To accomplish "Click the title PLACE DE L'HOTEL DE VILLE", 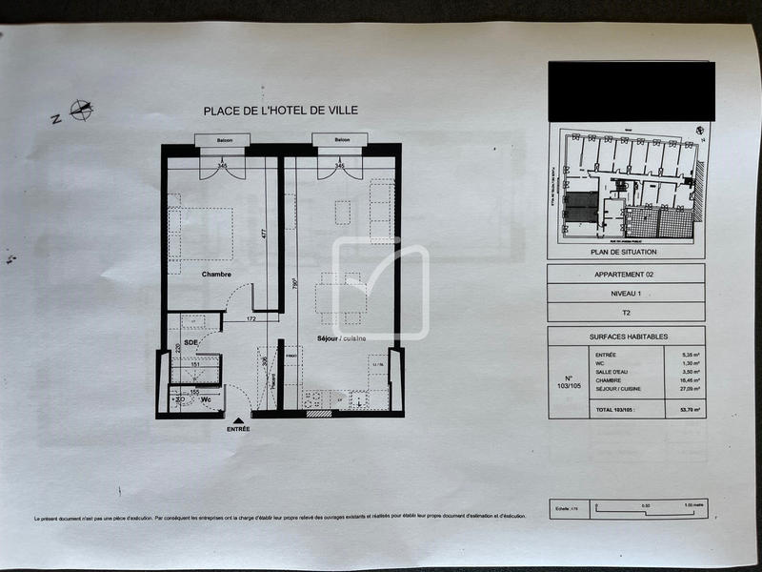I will (281, 111).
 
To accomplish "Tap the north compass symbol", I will (82, 111).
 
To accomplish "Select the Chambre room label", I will (217, 274).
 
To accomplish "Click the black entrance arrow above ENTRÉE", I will (237, 419).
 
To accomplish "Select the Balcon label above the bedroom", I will (222, 140).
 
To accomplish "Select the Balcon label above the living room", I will (342, 140).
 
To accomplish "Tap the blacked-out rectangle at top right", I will (631, 91).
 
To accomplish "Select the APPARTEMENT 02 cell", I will (626, 274).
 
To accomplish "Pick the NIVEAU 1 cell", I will (626, 293).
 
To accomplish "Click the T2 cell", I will (626, 312).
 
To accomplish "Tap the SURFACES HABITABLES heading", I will (626, 336).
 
